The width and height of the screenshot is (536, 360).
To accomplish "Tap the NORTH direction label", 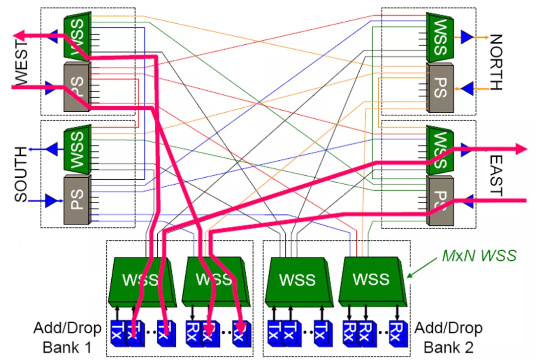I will pyautogui.click(x=495, y=62).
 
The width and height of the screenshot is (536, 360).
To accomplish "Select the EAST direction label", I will pyautogui.click(x=495, y=176).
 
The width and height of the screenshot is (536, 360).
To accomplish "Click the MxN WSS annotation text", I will pyautogui.click(x=479, y=256).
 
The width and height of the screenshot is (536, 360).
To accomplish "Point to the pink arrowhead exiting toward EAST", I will pyautogui.click(x=521, y=148).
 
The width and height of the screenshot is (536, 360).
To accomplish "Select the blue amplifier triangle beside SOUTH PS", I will pyautogui.click(x=50, y=201).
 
